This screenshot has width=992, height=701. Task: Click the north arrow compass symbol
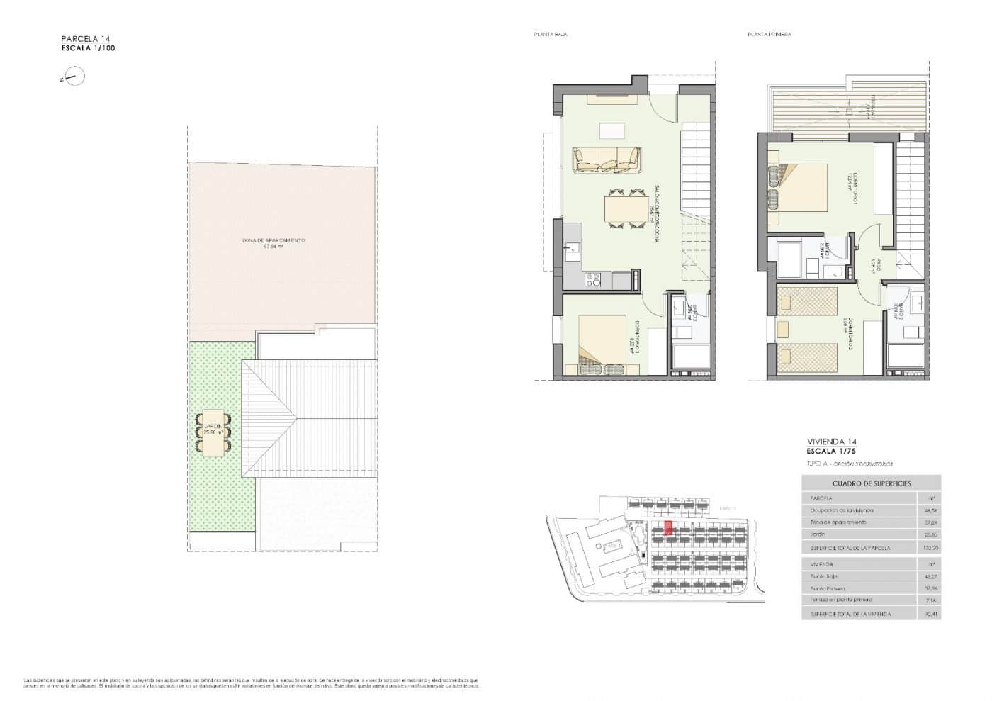(73, 77)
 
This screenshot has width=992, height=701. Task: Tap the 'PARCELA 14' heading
(86, 39)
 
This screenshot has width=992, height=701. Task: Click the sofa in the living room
(607, 159)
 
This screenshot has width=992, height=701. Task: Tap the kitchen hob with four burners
(594, 281)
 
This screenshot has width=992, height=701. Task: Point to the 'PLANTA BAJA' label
(551, 34)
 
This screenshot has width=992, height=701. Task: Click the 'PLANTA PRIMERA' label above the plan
(769, 34)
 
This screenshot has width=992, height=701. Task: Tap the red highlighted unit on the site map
(668, 529)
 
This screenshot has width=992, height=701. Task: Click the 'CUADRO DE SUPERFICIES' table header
(871, 483)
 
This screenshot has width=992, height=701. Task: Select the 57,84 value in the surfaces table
(930, 522)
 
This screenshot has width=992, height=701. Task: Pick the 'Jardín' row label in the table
(819, 534)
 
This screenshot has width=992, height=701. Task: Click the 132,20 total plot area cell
(930, 548)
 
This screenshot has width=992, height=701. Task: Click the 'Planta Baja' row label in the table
(823, 577)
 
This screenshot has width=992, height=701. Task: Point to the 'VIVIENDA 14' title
(831, 441)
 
